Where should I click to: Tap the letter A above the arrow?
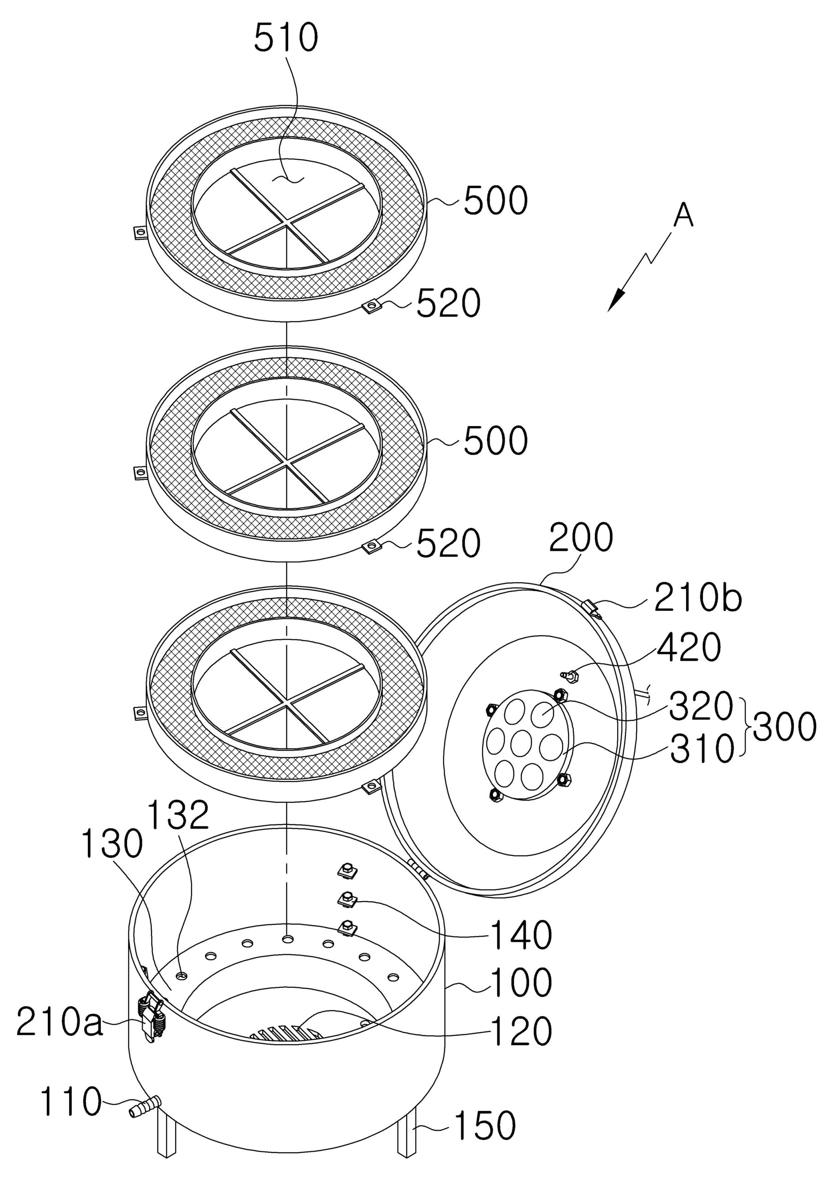click(683, 215)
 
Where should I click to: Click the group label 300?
click(784, 727)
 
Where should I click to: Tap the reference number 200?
click(581, 537)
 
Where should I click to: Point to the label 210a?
click(59, 1023)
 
